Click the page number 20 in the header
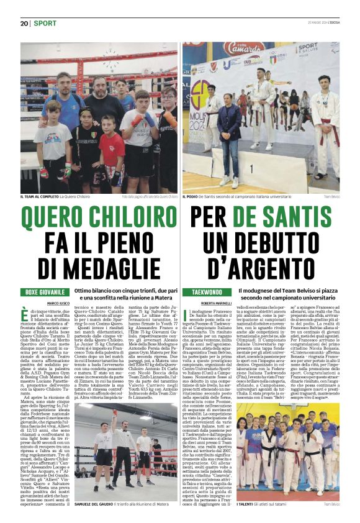(x=25, y=23)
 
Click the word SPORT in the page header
(x=45, y=23)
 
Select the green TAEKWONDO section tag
(x=207, y=292)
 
